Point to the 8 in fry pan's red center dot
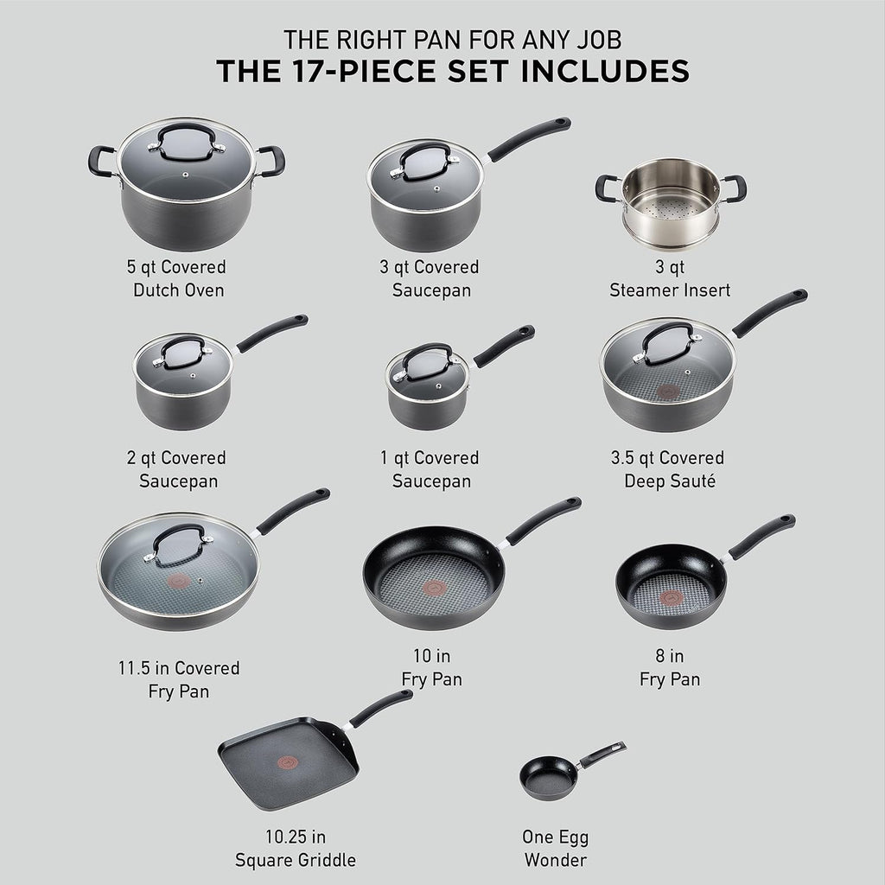pos(670,596)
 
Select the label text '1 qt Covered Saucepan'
pos(435,469)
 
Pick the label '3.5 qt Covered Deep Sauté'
pos(668,469)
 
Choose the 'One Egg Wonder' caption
pos(555,848)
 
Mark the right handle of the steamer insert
pos(734,188)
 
